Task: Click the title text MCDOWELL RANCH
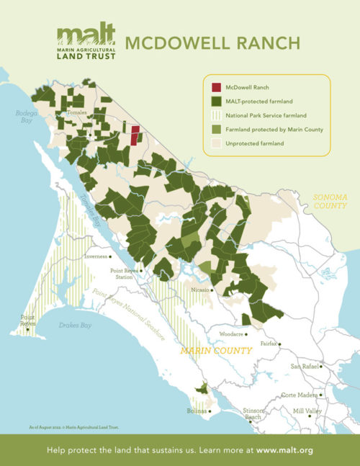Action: (212, 43)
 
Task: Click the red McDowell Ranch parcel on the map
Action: (135, 134)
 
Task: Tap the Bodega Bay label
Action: (26, 117)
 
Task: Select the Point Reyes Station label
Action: (122, 274)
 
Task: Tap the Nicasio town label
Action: (199, 290)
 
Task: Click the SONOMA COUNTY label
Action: (330, 201)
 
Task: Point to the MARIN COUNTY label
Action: (215, 351)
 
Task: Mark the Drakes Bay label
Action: (75, 326)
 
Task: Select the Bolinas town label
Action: (197, 411)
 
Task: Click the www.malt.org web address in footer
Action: (284, 450)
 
